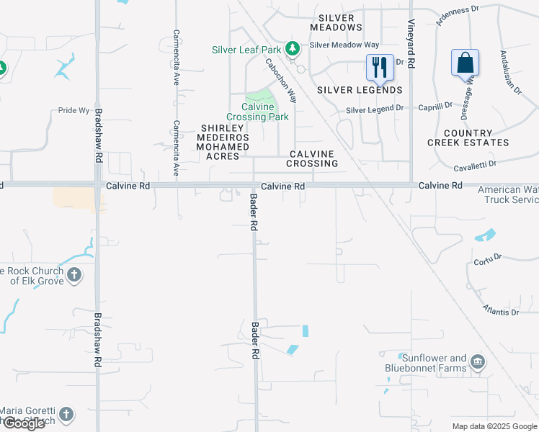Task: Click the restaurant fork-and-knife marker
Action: pyautogui.click(x=380, y=68)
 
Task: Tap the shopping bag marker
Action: pyautogui.click(x=465, y=63)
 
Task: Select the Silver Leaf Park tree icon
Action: pyautogui.click(x=293, y=49)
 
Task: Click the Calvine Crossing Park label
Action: pyautogui.click(x=257, y=112)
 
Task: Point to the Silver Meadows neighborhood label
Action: pyautogui.click(x=336, y=22)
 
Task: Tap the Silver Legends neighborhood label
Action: pyautogui.click(x=360, y=90)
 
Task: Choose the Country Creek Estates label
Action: pyautogui.click(x=469, y=138)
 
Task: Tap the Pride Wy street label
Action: pyautogui.click(x=74, y=111)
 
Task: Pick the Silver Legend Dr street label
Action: pyautogui.click(x=375, y=109)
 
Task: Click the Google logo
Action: pyautogui.click(x=24, y=423)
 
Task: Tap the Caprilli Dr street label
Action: pyautogui.click(x=437, y=104)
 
